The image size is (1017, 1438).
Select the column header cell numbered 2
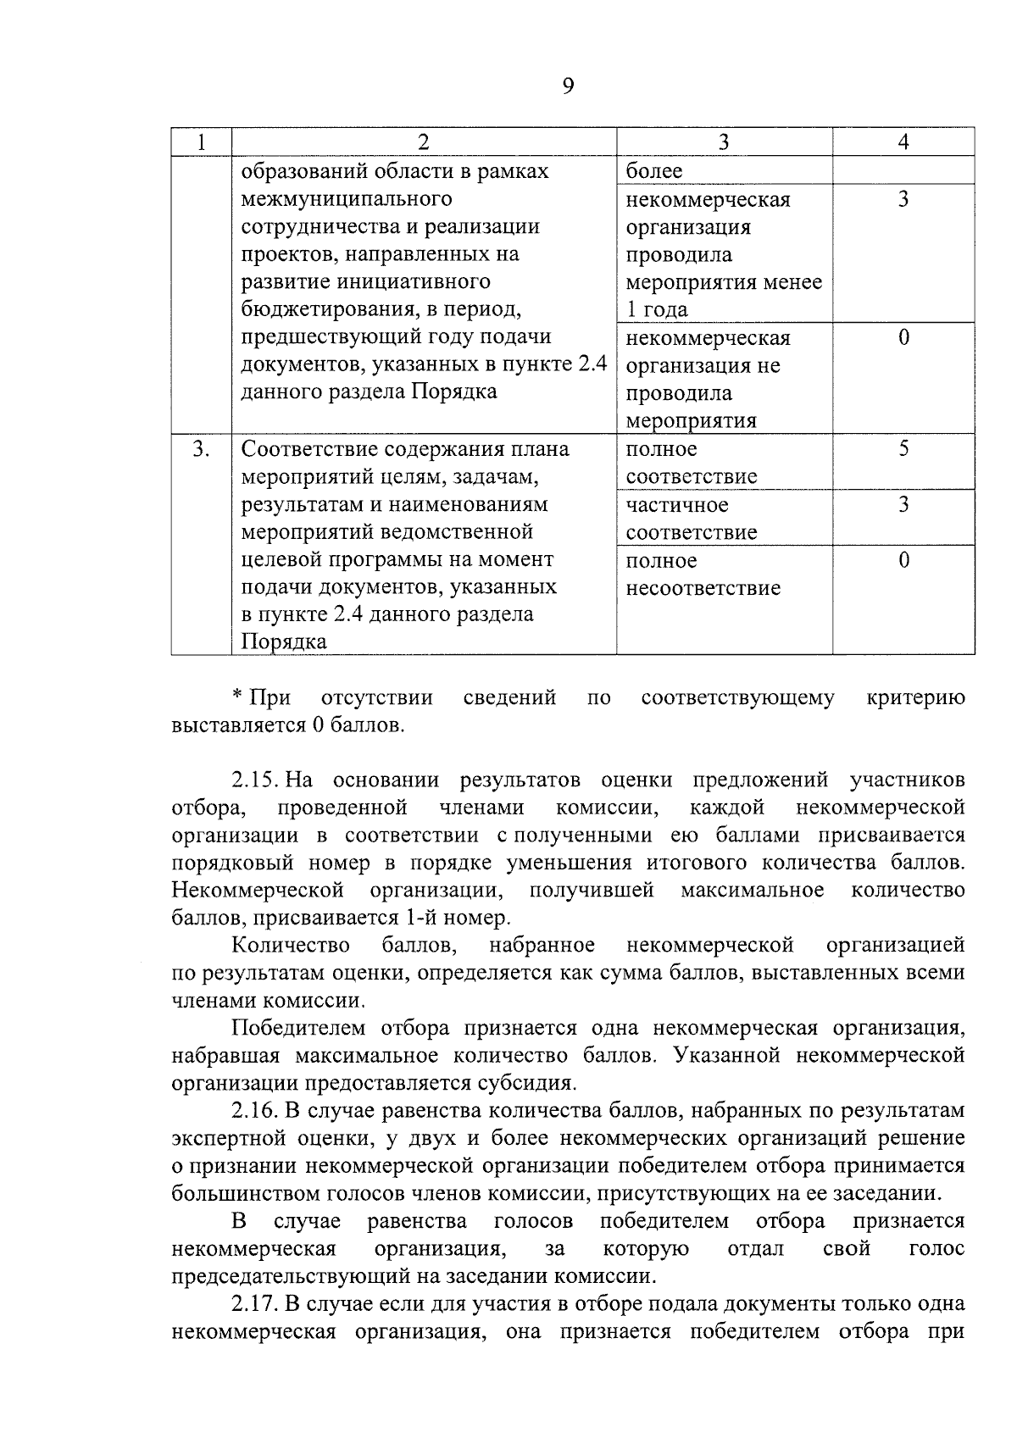(x=424, y=142)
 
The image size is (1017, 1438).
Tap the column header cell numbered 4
(x=903, y=142)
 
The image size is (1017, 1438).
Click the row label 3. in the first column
(x=201, y=449)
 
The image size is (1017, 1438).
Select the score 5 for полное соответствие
(x=903, y=449)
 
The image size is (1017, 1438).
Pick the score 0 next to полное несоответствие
(x=903, y=560)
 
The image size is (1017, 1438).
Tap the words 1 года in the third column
(x=657, y=309)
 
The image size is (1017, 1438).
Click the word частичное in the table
(x=677, y=505)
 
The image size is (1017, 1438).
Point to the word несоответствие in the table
(x=703, y=588)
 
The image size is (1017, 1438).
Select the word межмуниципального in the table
(x=347, y=199)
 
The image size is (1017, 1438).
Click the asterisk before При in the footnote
(x=238, y=697)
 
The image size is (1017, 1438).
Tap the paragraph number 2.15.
(x=257, y=780)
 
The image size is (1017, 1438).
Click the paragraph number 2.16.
(x=257, y=1110)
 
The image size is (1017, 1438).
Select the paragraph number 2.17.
(x=257, y=1303)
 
